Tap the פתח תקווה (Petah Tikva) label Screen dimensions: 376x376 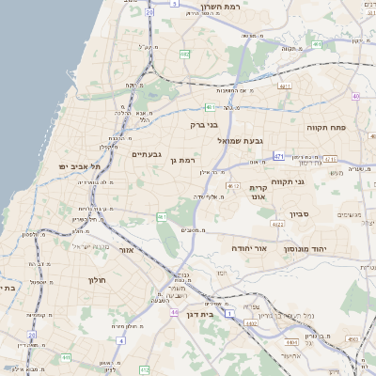tap(327, 125)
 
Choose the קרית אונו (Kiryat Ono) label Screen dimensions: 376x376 tap(259, 193)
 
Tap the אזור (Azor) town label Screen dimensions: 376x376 tap(127, 250)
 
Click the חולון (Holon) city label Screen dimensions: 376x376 tap(99, 280)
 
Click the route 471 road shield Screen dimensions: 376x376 tap(279, 155)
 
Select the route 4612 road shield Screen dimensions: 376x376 tap(233, 186)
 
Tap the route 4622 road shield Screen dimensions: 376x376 tap(277, 225)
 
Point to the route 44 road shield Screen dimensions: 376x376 tap(174, 312)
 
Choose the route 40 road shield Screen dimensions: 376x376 tap(355, 96)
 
